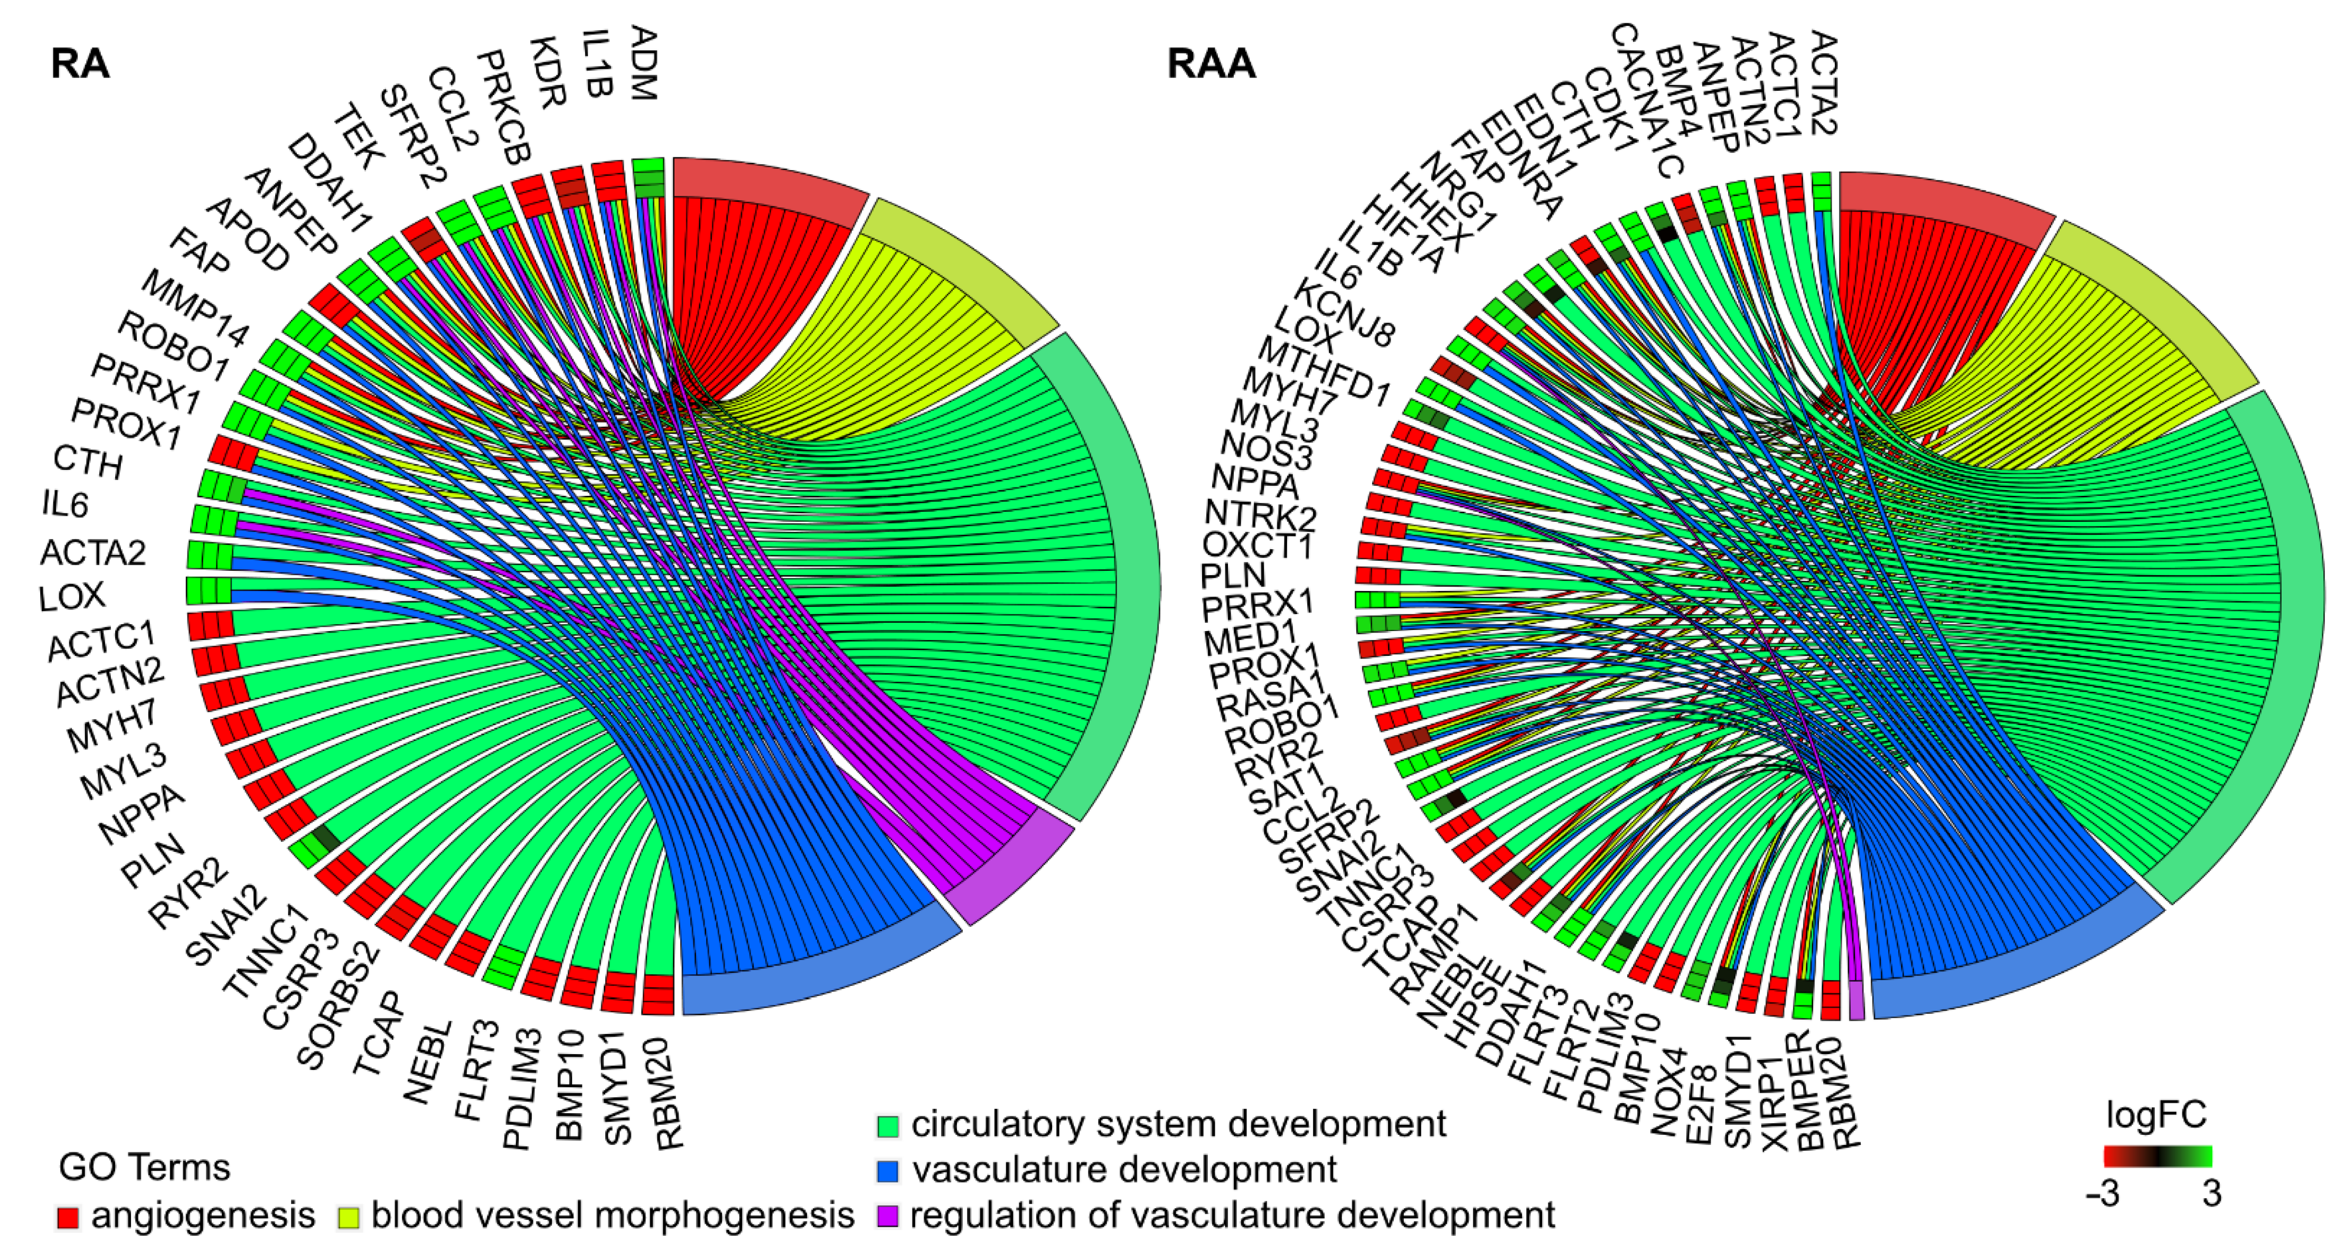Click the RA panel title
pos(80,64)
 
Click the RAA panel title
pos(1211,64)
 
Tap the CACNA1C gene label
pos(1648,100)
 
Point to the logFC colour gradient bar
pos(2158,1156)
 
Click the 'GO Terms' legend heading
pos(144,1167)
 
